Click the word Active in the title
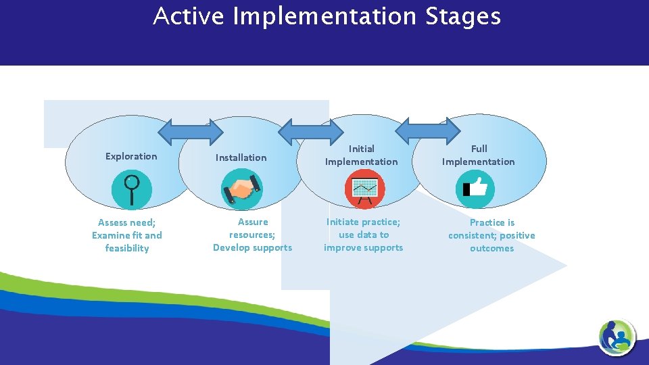(x=188, y=16)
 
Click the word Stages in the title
(x=463, y=17)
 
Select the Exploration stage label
(x=131, y=156)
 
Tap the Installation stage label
(x=241, y=157)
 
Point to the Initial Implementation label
(x=361, y=155)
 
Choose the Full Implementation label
(x=478, y=155)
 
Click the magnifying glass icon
(x=131, y=189)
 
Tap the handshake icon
(x=242, y=189)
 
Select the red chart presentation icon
(x=364, y=189)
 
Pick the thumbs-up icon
(x=475, y=189)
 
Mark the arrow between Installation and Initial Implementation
(x=312, y=131)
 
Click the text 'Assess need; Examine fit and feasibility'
(x=127, y=235)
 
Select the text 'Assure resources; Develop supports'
(x=253, y=235)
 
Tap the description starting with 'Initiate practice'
(x=364, y=235)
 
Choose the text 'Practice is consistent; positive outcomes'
(x=491, y=235)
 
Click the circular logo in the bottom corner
(x=617, y=336)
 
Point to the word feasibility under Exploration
(x=127, y=248)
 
